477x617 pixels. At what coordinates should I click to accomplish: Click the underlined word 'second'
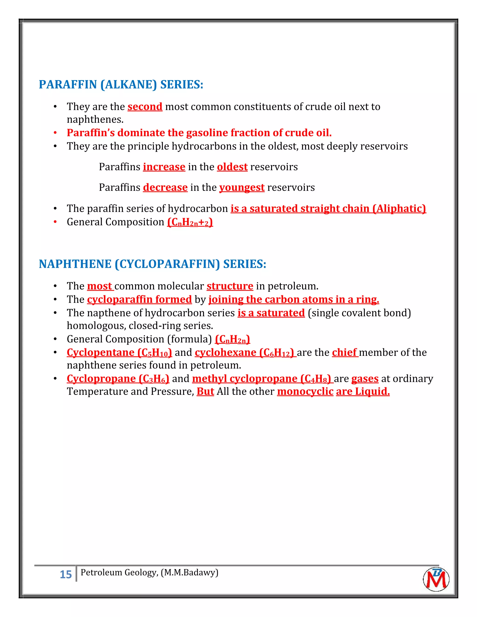145,106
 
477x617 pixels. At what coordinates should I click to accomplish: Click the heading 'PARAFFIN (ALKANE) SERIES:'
121,85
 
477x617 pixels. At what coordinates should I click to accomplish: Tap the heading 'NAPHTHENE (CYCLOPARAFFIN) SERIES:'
152,264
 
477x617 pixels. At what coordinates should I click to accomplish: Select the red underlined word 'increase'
164,167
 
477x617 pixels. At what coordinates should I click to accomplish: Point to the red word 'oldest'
232,167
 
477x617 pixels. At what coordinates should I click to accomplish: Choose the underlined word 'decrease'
165,187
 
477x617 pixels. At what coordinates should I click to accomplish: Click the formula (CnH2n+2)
190,222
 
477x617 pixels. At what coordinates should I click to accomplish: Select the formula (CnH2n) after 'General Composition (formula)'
232,339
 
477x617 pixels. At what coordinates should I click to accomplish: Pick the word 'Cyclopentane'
101,352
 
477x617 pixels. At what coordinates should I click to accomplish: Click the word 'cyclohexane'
225,352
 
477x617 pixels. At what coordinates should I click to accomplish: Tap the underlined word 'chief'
344,352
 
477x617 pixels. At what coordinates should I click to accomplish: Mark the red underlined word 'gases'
365,379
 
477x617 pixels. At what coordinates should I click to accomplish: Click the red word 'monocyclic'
305,391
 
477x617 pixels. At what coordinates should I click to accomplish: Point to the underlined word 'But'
205,391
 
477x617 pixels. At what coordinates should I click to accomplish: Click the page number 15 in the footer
66,574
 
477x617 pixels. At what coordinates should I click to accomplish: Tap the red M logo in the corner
436,579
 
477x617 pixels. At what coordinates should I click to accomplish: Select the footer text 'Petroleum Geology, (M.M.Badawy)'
149,572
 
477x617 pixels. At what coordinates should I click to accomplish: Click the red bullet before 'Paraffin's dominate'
55,133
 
